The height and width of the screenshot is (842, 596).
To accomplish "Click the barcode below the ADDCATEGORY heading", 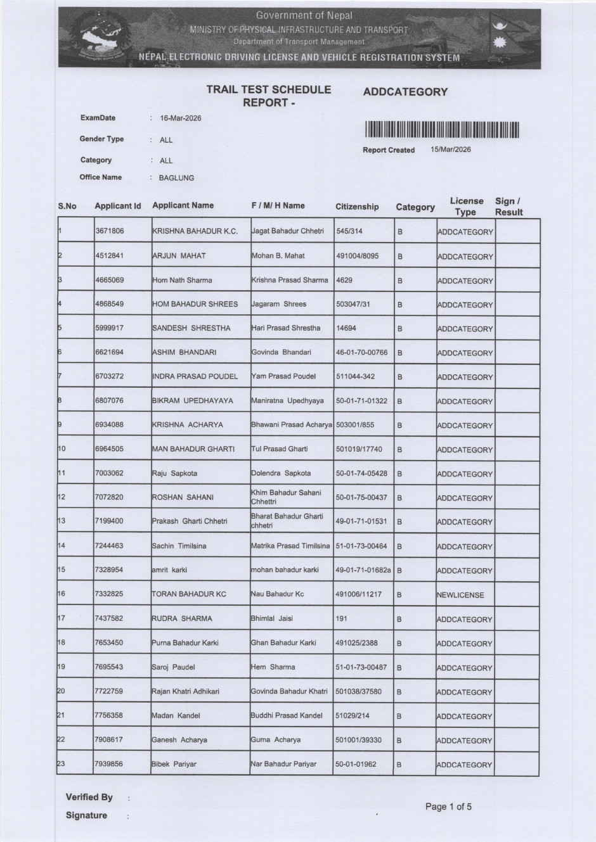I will (x=442, y=130).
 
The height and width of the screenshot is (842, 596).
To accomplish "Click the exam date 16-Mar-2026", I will (x=181, y=118).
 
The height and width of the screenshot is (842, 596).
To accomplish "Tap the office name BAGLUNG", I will (x=176, y=178).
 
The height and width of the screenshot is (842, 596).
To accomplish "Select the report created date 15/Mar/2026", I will (x=450, y=150).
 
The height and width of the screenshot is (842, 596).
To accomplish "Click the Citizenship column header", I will (x=357, y=207).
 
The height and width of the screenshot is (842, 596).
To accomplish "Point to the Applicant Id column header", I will (x=117, y=206).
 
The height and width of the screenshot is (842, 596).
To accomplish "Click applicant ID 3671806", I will (x=109, y=231).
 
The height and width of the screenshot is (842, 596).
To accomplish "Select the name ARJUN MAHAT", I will (x=179, y=256).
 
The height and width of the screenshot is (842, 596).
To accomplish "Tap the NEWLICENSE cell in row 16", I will (x=460, y=595).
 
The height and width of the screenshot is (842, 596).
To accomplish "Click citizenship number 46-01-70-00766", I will (x=361, y=352).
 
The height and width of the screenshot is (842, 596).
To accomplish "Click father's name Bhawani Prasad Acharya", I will (x=292, y=424).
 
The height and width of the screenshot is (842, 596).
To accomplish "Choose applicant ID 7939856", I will (x=108, y=764).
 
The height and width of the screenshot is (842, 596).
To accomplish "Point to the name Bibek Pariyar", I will (x=174, y=764).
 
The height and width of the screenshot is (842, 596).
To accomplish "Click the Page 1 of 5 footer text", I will (x=448, y=807).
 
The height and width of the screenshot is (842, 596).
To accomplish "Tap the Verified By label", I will (x=89, y=797).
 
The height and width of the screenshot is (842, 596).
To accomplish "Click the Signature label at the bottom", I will (x=86, y=815).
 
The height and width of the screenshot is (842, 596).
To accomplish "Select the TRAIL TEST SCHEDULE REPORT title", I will (x=268, y=96).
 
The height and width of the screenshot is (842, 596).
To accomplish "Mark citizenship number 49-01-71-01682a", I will (x=363, y=570).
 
